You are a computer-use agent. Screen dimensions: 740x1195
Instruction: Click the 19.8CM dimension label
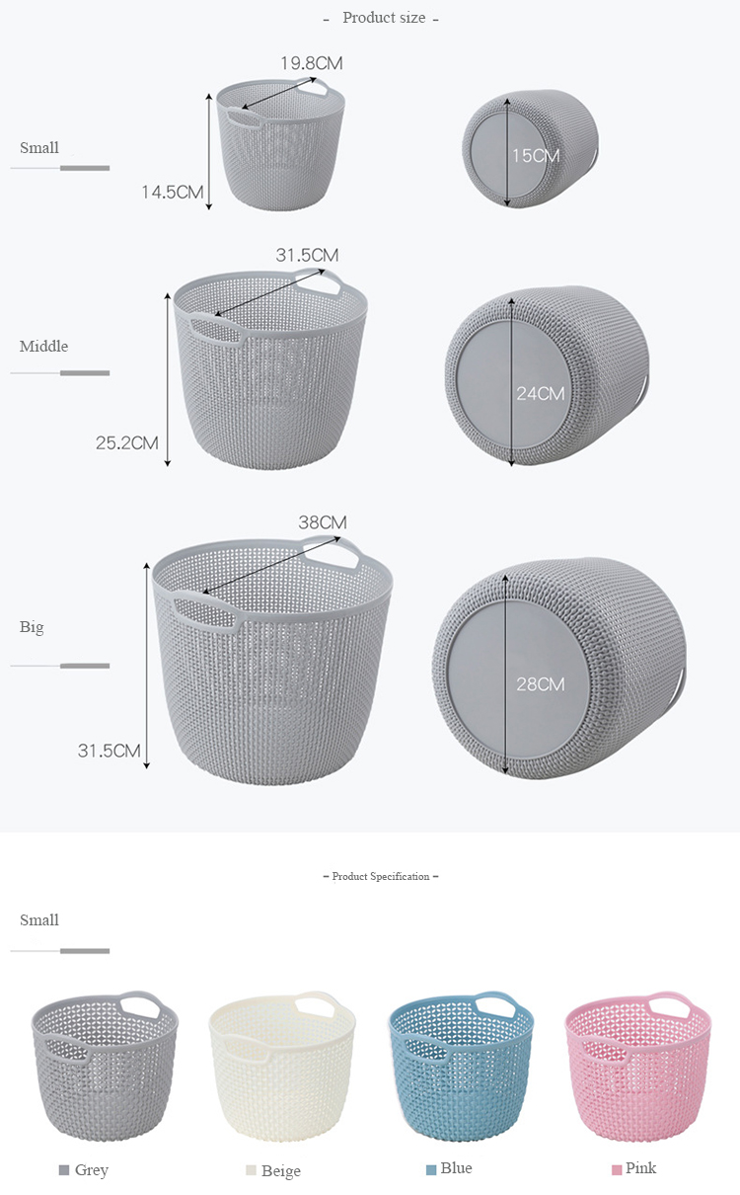pos(312,63)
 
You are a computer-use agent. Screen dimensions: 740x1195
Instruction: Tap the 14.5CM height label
pos(173,192)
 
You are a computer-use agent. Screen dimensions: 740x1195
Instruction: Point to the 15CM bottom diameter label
pos(536,156)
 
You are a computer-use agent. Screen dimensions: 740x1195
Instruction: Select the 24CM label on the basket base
pos(540,394)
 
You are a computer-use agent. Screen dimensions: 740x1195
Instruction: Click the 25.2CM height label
pos(127,442)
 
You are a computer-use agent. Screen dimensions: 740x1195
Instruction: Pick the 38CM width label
pos(323,522)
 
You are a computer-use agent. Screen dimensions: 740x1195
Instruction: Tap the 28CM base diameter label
pos(540,684)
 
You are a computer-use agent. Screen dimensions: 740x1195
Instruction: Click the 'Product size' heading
pos(384,18)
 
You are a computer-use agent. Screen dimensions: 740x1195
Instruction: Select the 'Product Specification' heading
pos(381,876)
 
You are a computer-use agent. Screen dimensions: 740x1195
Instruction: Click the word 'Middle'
pos(43,347)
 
